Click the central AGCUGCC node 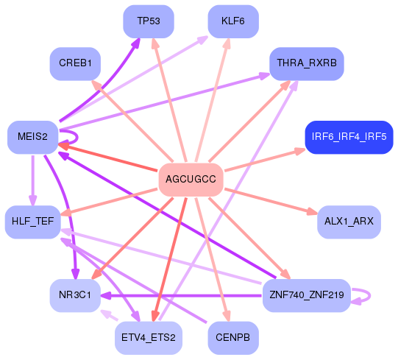point(191,180)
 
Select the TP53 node point(148,21)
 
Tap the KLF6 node point(232,21)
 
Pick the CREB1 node point(74,64)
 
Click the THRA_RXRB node point(306,64)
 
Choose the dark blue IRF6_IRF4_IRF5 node point(349,137)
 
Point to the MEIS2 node point(32,137)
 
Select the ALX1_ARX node point(349,222)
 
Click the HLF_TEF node point(32,222)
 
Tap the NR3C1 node point(74,295)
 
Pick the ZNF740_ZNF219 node point(306,295)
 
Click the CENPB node point(232,338)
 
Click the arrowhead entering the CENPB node point(227,317)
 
